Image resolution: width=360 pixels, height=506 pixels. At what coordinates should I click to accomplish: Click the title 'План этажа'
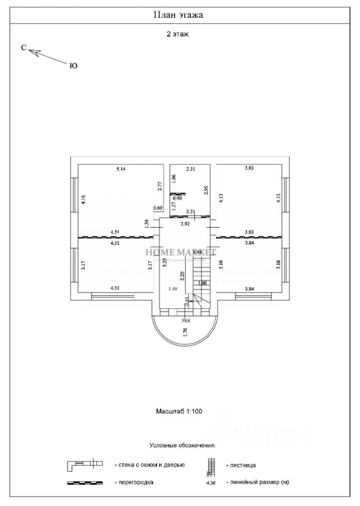pos(178,15)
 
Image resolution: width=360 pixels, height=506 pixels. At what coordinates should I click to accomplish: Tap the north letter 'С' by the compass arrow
pos(24,47)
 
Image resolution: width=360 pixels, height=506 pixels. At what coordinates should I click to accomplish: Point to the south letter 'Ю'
pos(73,66)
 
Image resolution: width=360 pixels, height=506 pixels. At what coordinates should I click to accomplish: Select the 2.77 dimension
pos(159,186)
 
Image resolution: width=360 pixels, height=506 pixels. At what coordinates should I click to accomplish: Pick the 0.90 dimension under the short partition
pos(178,199)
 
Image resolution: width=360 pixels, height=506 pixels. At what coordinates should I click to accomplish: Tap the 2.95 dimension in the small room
pos(206,190)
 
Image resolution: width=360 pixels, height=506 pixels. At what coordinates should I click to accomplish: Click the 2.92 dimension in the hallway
pos(185,224)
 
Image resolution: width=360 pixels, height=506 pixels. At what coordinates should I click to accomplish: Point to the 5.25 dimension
pos(164,264)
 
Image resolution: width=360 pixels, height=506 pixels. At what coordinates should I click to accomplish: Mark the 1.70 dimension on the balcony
pos(185,332)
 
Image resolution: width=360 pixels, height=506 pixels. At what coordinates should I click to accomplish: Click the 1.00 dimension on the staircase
pos(202,283)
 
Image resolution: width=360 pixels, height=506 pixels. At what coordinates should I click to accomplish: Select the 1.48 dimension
pos(172,288)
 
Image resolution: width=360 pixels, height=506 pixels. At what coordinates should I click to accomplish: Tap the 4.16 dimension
pos(83,200)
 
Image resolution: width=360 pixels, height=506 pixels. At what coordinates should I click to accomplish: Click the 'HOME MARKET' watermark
pos(180,252)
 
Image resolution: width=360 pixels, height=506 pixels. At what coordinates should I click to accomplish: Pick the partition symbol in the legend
pos(84,482)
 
